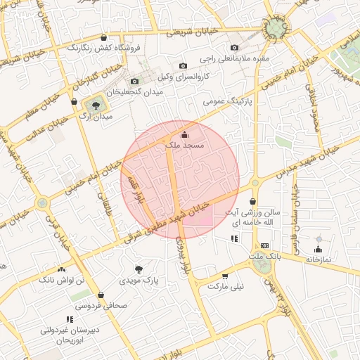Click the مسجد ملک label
coord(184,145)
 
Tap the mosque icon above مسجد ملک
coord(185,134)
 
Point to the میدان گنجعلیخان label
coord(135,91)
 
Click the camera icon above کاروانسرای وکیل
coord(184,65)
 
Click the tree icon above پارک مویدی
coord(139,269)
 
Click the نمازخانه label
coord(318,259)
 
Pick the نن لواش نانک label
coord(60,280)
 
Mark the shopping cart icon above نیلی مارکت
coord(225,276)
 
